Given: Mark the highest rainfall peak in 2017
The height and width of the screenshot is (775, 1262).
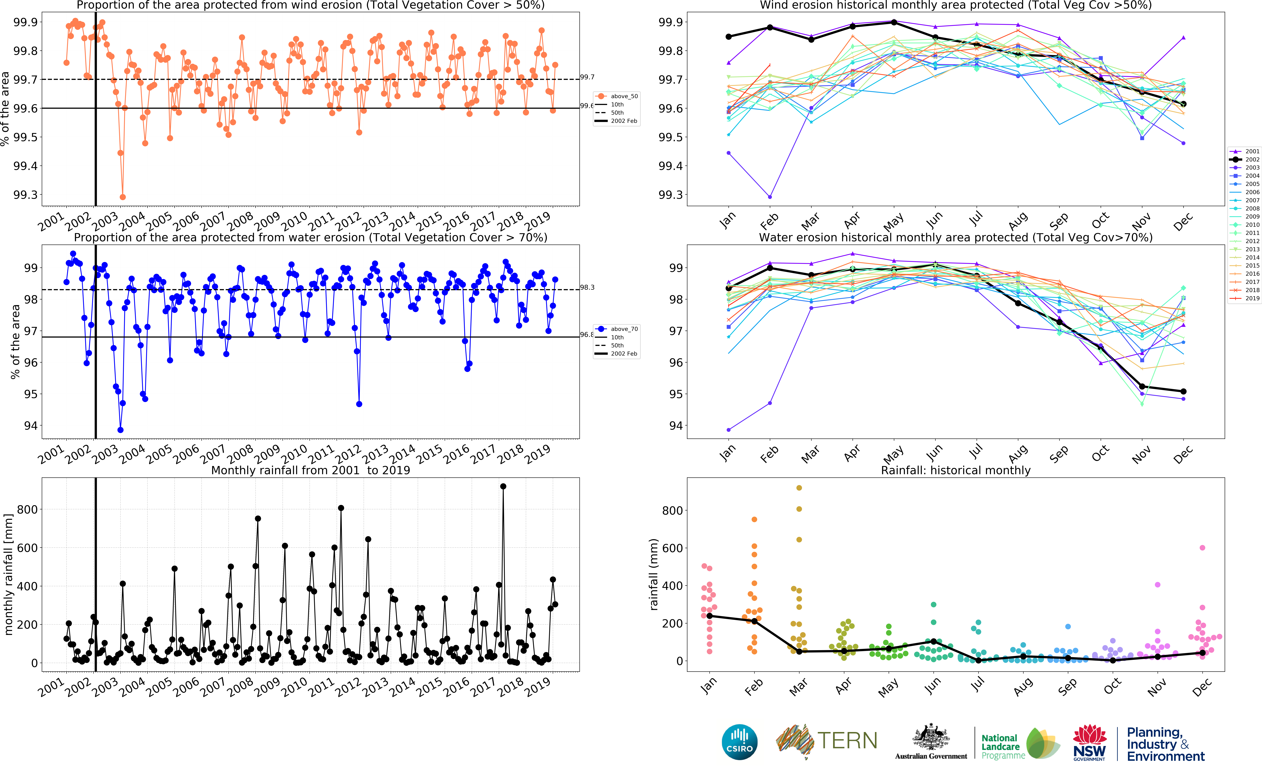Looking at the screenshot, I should [x=503, y=486].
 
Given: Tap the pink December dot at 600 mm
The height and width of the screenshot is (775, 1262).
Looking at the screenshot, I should [x=1202, y=548].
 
